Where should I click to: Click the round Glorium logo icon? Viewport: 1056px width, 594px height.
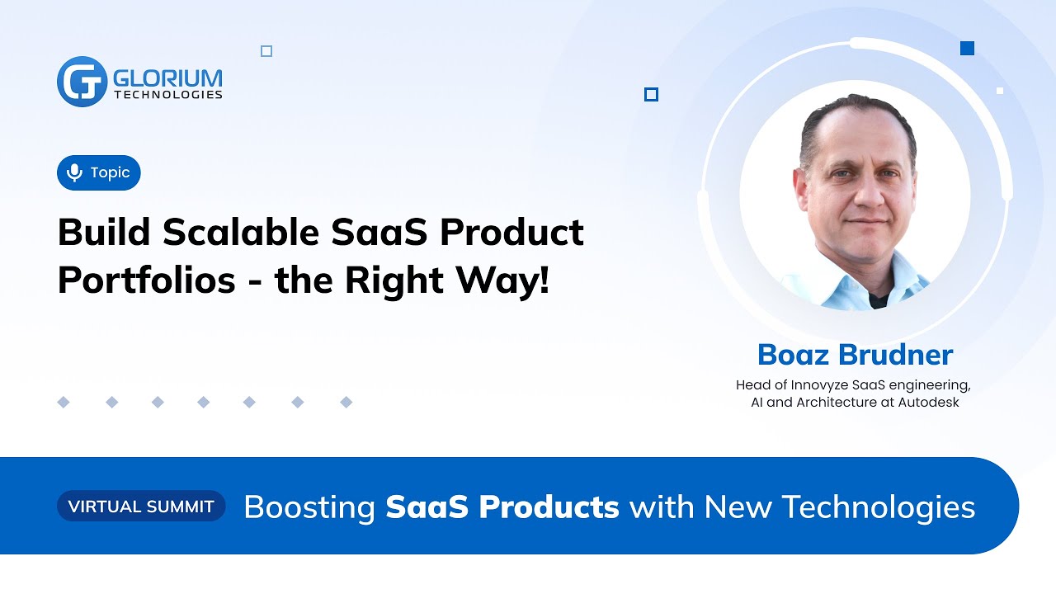[82, 82]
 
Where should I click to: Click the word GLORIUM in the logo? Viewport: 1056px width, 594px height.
[167, 78]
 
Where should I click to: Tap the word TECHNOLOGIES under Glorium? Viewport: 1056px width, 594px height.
[167, 95]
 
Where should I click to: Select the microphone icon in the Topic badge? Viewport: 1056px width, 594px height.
[74, 172]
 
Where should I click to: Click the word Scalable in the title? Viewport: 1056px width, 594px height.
[241, 233]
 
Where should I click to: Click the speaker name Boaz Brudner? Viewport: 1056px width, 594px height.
[855, 355]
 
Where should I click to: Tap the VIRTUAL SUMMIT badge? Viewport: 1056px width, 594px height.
[141, 506]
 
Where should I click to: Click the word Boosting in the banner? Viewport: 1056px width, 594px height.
[309, 507]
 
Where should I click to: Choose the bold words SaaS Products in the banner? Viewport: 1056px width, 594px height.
[502, 507]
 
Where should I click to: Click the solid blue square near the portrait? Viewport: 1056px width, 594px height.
[968, 49]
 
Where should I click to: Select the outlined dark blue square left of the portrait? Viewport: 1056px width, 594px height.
[651, 95]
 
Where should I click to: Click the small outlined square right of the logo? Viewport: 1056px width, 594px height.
[266, 51]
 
